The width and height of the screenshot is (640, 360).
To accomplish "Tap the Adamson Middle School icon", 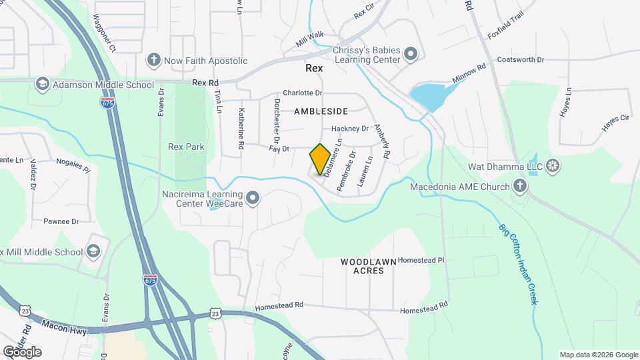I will pos(43,83).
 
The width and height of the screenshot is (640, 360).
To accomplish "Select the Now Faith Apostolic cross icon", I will pos(154,61).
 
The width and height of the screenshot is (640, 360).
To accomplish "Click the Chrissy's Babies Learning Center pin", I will pos(411,53).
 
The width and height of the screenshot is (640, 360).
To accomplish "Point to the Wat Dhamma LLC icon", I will pos(553,165).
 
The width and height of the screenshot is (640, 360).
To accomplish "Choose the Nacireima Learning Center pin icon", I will pos(253,197).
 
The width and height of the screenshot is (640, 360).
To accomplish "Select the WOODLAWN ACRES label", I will pos(369,266).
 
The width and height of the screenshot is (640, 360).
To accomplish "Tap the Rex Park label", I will pos(186,147).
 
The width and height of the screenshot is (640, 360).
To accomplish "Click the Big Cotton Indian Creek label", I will pos(519,263).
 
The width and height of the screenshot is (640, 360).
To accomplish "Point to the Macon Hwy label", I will pos(65,325).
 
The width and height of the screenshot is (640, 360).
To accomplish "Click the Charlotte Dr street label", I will pos(302,93).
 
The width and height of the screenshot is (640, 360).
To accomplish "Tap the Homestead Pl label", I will pos(421,260).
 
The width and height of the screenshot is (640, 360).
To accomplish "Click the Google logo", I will pos(22,351).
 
